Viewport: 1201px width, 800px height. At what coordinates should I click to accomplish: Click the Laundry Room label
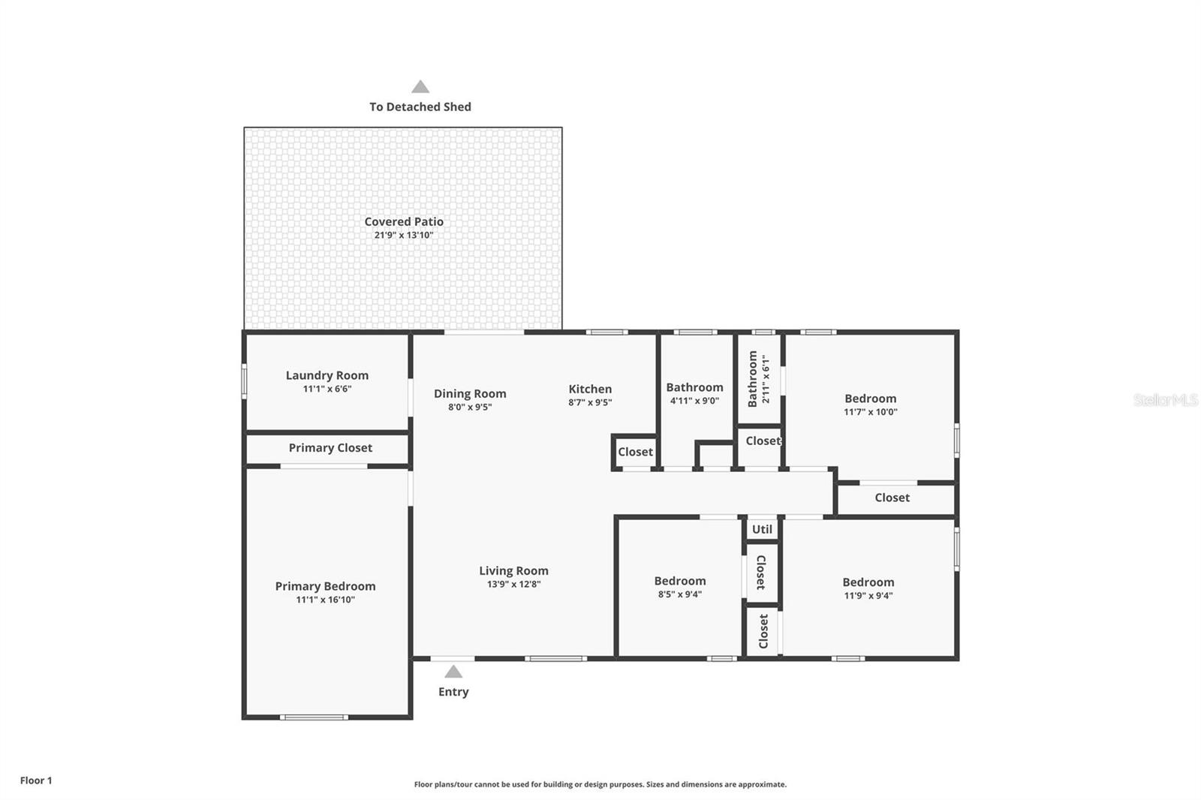[x=327, y=375]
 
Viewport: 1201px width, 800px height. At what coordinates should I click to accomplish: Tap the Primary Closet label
[x=330, y=448]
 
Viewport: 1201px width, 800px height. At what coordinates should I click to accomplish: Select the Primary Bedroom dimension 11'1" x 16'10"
[x=325, y=600]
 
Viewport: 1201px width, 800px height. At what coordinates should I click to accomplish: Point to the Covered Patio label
[x=404, y=221]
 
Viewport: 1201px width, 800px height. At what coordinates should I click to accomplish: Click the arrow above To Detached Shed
[x=420, y=87]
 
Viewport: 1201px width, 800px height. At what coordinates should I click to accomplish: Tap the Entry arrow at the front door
[x=453, y=672]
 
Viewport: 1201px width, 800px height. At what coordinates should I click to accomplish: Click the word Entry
[x=453, y=692]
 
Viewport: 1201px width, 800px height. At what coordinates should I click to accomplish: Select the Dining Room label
[x=470, y=393]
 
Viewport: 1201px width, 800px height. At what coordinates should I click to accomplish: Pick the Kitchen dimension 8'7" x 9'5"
[x=590, y=402]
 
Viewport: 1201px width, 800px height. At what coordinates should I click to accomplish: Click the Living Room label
[x=513, y=570]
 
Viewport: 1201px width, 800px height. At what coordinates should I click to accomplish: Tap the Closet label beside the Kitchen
[x=635, y=452]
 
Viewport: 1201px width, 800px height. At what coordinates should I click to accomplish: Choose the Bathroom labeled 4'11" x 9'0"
[x=694, y=387]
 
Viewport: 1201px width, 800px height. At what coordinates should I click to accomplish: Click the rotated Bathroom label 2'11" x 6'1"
[x=753, y=379]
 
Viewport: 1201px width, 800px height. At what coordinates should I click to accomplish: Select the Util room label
[x=762, y=529]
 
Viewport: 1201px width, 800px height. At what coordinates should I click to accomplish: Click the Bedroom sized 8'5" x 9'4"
[x=679, y=581]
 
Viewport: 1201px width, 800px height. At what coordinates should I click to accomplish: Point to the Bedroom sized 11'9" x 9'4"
[x=868, y=582]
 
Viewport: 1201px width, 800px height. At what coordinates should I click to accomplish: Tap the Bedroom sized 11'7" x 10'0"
[x=870, y=398]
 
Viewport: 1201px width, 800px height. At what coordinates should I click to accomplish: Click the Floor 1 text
[x=36, y=780]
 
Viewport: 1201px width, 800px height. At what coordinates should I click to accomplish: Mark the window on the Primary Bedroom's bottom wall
[x=314, y=717]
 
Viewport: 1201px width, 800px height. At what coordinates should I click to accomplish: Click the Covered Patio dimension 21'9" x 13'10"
[x=404, y=235]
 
